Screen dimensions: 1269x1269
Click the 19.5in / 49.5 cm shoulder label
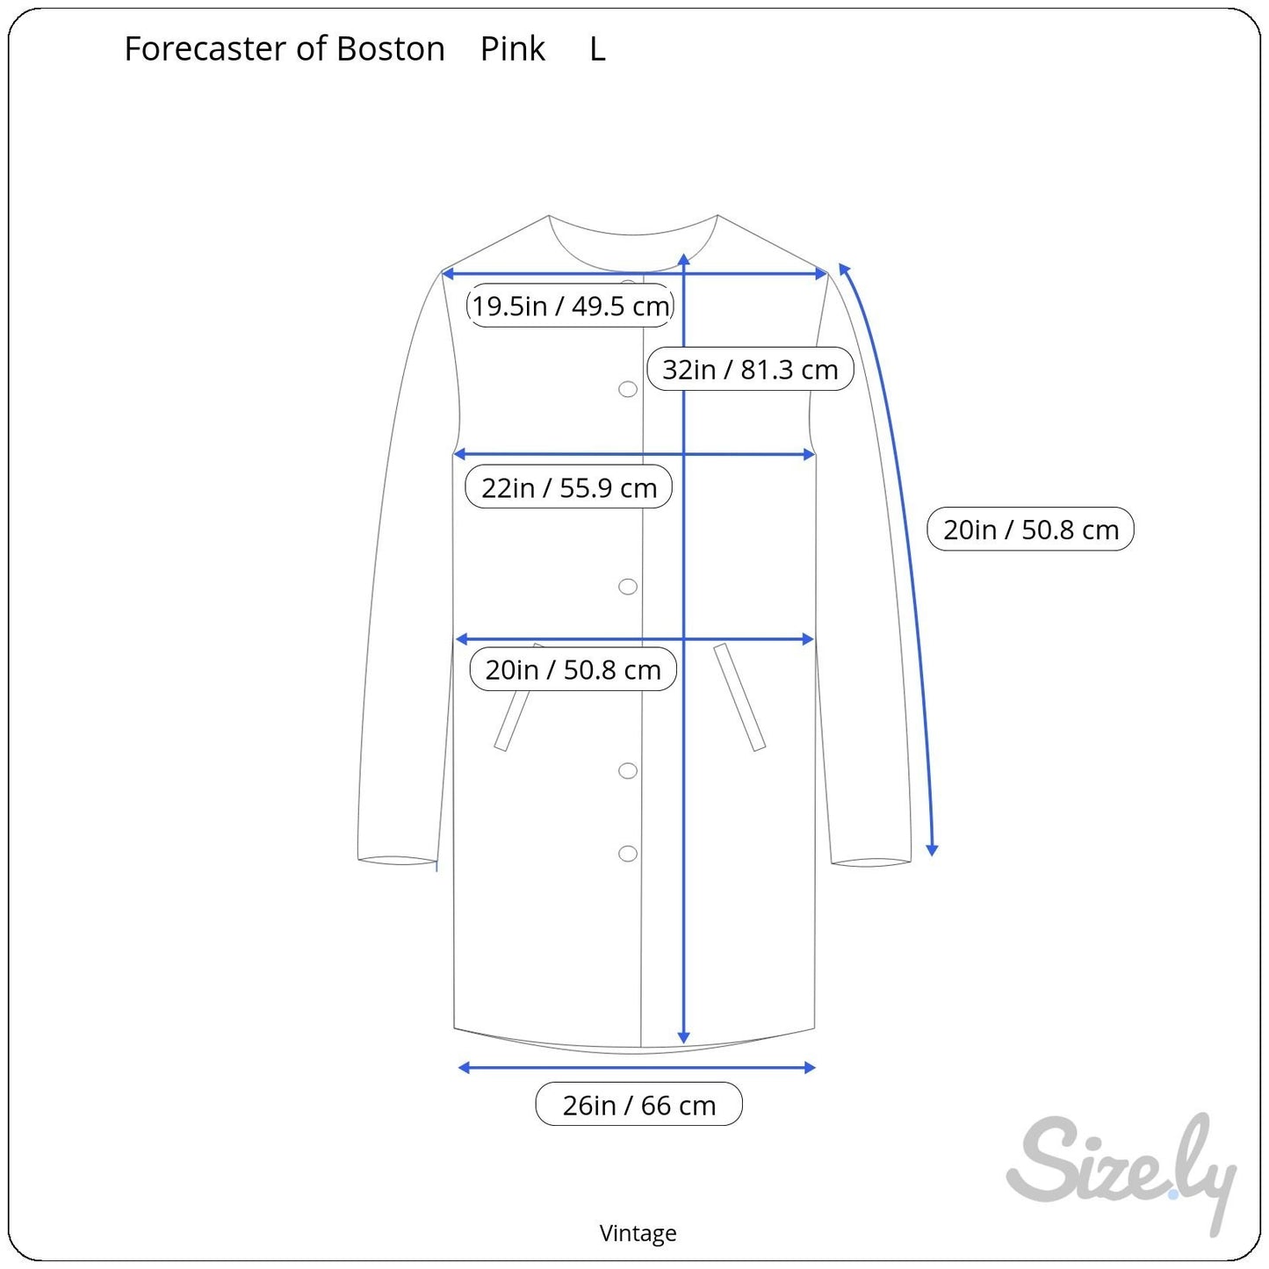(570, 306)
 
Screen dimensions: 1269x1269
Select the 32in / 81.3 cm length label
(750, 369)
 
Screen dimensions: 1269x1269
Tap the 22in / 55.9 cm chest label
(569, 487)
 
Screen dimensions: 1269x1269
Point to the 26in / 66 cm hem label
(638, 1105)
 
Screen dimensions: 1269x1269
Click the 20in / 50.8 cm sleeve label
(1031, 529)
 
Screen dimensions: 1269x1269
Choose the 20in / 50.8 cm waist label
(573, 669)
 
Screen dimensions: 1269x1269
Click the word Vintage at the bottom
(638, 1233)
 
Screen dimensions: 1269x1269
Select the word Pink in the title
(512, 48)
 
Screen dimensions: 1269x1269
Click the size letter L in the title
(597, 49)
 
